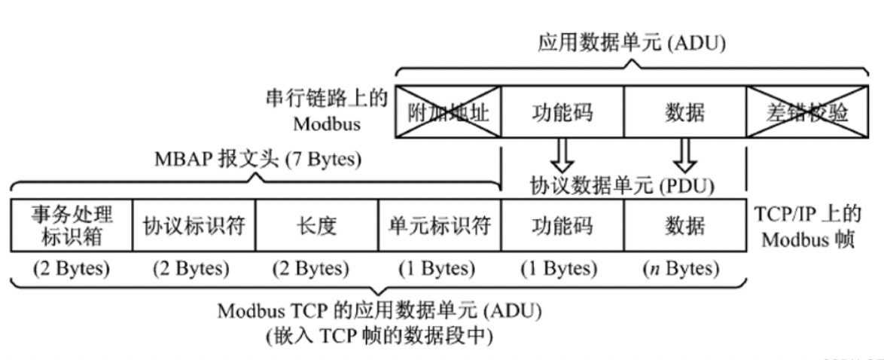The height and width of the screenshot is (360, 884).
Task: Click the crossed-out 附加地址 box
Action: (448, 112)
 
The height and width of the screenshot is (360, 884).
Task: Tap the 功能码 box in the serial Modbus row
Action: (562, 112)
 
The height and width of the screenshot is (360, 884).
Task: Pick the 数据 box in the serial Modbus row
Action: (684, 112)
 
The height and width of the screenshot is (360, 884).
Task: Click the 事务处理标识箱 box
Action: (72, 225)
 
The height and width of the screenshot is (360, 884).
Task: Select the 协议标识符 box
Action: (194, 225)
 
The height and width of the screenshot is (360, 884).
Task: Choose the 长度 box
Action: (316, 225)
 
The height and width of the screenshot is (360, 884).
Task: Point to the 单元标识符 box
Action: (439, 225)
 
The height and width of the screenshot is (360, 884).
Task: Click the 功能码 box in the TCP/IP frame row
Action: (562, 225)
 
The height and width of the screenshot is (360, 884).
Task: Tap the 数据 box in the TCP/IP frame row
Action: (684, 225)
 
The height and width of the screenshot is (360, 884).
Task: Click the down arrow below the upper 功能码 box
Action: (562, 155)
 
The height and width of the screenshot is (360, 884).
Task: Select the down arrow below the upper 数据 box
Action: (684, 155)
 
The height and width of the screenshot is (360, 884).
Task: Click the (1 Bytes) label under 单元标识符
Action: (439, 269)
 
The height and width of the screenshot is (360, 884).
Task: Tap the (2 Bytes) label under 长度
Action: (316, 269)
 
